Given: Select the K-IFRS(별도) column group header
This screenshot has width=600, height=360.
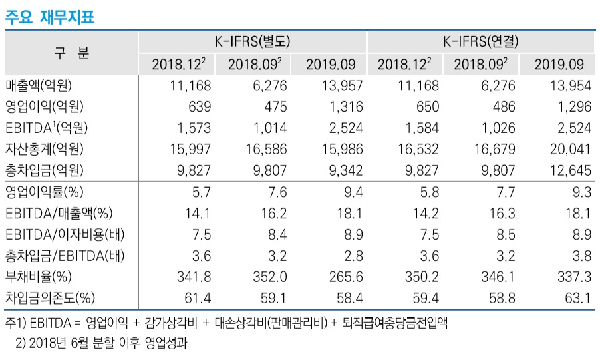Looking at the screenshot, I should [x=252, y=41].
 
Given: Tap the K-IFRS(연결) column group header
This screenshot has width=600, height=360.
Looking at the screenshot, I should [x=480, y=41].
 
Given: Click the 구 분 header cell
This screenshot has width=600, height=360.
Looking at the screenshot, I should [x=71, y=53].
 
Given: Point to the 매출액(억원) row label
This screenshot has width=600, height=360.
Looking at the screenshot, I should [x=39, y=85].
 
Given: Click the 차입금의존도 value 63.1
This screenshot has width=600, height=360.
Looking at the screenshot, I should [x=577, y=298].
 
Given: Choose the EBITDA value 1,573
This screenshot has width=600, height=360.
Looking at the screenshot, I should [x=194, y=128].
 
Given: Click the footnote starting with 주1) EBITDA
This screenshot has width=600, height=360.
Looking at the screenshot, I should [x=226, y=324].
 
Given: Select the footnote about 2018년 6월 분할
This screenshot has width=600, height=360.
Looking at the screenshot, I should [x=102, y=344].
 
